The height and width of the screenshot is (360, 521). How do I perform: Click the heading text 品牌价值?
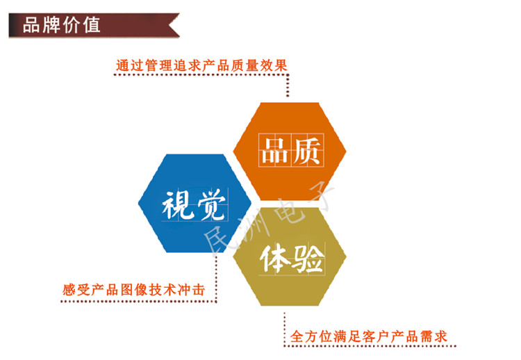pyautogui.click(x=61, y=25)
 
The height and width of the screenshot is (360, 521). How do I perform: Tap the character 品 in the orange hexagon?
pyautogui.click(x=274, y=151)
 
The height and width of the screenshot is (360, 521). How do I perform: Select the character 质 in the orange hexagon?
pyautogui.click(x=307, y=151)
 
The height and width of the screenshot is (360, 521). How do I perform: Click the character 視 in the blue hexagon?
pyautogui.click(x=178, y=205)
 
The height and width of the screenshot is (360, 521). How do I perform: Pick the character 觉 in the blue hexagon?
pyautogui.click(x=211, y=204)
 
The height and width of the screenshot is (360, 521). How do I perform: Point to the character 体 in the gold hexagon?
pyautogui.click(x=275, y=259)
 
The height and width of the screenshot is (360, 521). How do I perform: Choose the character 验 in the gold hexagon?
pyautogui.click(x=308, y=259)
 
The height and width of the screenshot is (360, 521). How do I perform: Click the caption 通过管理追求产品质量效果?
pyautogui.click(x=201, y=65)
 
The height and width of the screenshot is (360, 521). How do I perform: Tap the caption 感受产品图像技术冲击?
pyautogui.click(x=133, y=290)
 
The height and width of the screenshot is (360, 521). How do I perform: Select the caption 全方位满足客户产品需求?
pyautogui.click(x=368, y=336)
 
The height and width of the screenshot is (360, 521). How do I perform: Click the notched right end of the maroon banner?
pyautogui.click(x=170, y=25)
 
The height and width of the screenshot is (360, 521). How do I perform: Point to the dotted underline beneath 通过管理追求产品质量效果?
pyautogui.click(x=201, y=75)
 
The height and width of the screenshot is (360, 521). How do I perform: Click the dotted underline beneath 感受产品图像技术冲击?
pyautogui.click(x=138, y=302)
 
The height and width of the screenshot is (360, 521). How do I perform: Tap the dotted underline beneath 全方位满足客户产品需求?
pyautogui.click(x=370, y=346)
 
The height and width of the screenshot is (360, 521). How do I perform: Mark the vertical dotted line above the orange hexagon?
pyautogui.click(x=288, y=85)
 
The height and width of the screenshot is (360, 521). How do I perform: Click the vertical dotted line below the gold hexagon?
pyautogui.click(x=284, y=329)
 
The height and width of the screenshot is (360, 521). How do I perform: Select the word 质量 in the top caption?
pyautogui.click(x=245, y=65)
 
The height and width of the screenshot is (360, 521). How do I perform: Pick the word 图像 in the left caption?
pyautogui.click(x=133, y=290)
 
